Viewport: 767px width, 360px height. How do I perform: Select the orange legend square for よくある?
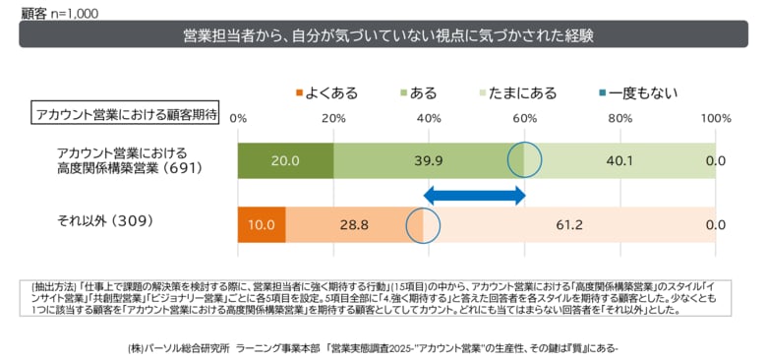(x=298, y=93)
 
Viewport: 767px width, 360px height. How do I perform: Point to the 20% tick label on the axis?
(x=333, y=118)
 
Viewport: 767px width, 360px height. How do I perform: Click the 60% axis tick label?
(x=524, y=118)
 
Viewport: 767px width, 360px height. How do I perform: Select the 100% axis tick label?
(x=714, y=118)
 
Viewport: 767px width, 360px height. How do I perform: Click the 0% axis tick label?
(x=238, y=118)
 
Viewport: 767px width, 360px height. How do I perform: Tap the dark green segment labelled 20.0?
(x=285, y=160)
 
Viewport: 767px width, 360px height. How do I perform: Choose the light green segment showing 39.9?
(x=429, y=160)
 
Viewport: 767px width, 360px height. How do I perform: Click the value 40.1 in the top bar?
(x=619, y=160)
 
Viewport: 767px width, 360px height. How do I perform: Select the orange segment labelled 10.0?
(x=262, y=225)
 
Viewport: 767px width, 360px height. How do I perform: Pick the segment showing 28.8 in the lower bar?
(x=354, y=225)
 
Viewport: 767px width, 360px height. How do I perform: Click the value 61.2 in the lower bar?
(x=570, y=225)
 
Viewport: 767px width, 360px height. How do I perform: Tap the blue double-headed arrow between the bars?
(x=475, y=195)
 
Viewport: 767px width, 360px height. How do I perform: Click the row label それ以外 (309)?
(x=105, y=221)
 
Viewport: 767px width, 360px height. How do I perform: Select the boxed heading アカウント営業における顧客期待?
(x=126, y=113)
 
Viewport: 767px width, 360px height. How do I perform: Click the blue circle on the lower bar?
(x=423, y=225)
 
